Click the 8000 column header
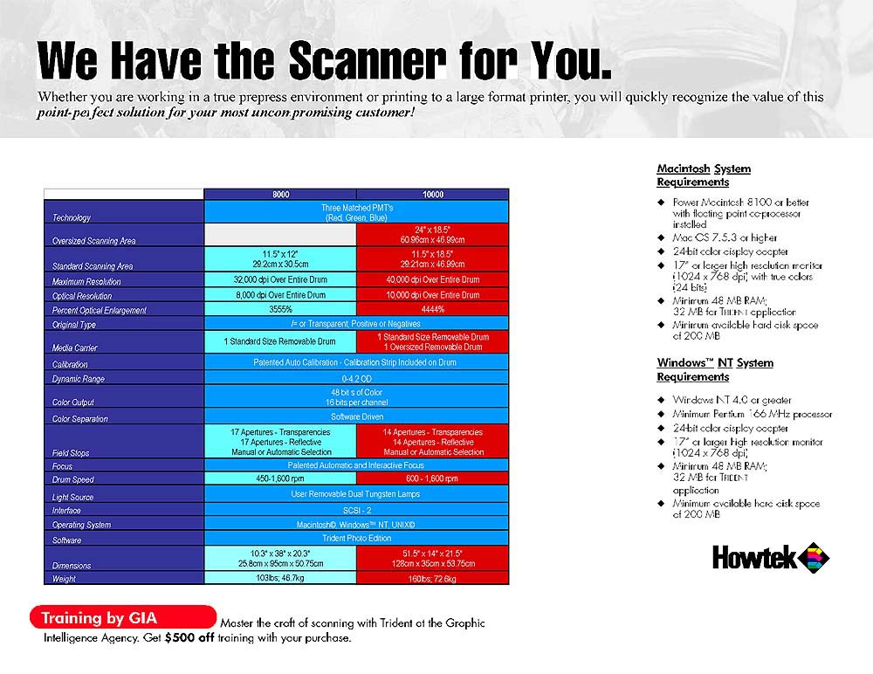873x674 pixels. tap(280, 194)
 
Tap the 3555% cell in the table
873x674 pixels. tap(280, 310)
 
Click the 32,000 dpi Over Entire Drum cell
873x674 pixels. tap(280, 280)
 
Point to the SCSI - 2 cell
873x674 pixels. tap(356, 509)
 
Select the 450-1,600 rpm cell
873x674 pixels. tap(280, 479)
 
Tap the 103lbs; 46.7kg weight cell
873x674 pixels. tap(280, 578)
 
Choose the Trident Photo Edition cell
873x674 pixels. tap(356, 538)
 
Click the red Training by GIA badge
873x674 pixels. tap(122, 618)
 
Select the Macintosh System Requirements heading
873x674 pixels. tap(704, 175)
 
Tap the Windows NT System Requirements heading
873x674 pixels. tap(715, 370)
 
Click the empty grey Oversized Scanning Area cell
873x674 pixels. tap(280, 234)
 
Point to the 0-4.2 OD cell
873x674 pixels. tap(356, 380)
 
